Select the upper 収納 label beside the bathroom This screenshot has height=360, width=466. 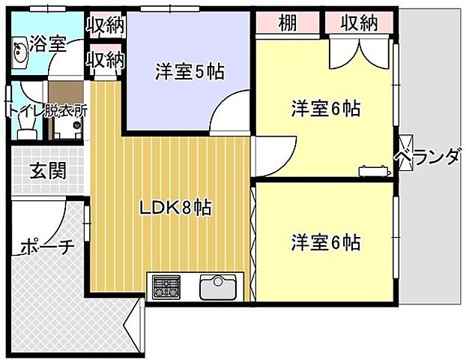tap(104, 27)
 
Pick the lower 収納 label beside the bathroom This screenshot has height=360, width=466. tap(104, 58)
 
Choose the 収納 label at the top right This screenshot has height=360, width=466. tap(359, 23)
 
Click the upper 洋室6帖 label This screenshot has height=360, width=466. tap(326, 109)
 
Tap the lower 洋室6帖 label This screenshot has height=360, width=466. tap(326, 243)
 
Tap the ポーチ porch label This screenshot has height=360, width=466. tap(46, 245)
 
